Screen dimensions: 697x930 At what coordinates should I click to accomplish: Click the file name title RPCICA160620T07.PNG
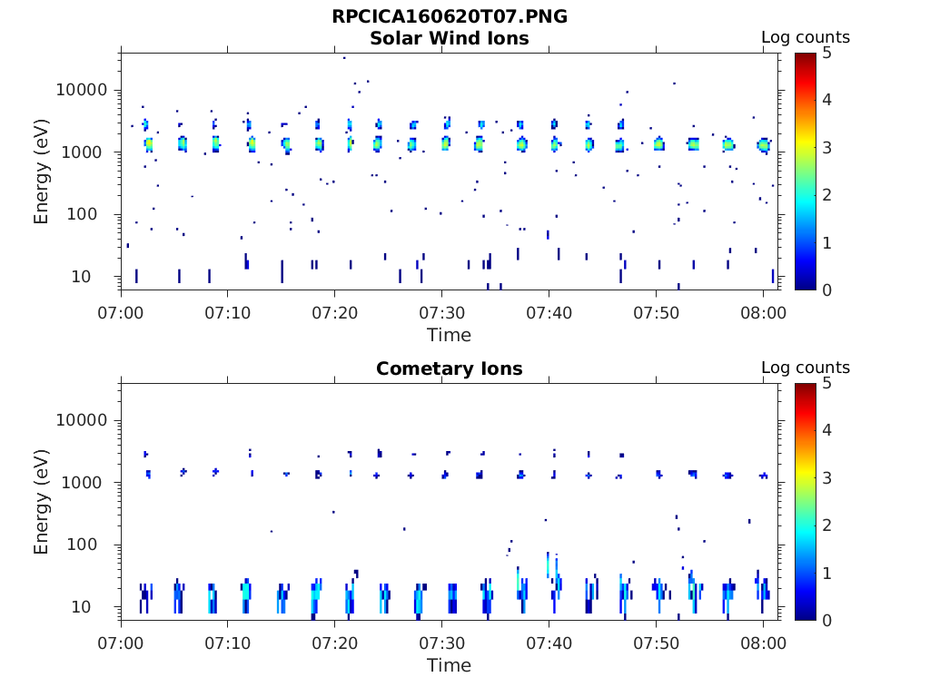[x=449, y=16]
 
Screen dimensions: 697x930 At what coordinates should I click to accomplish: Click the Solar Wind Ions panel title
[x=449, y=38]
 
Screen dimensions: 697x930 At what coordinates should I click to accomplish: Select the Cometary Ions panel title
[x=449, y=368]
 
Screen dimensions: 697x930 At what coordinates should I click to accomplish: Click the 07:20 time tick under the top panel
[x=334, y=313]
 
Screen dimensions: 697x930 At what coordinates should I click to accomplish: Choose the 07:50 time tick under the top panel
[x=656, y=313]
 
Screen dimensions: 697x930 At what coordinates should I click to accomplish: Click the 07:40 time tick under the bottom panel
[x=549, y=643]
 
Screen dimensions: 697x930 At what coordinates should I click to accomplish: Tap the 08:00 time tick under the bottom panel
[x=763, y=643]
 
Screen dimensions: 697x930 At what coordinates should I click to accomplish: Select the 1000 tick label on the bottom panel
[x=87, y=483]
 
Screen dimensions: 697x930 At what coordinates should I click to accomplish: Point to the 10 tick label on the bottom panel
[x=96, y=607]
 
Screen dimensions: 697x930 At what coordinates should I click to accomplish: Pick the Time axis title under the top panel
[x=449, y=335]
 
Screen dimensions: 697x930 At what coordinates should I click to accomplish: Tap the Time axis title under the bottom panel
[x=449, y=665]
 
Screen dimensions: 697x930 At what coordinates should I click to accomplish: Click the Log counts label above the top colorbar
[x=805, y=37]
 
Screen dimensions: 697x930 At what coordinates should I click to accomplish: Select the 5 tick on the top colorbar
[x=827, y=54]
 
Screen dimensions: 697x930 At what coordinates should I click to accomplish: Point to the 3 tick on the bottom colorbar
[x=827, y=477]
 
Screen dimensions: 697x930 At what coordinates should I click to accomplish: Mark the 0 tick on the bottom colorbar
[x=827, y=620]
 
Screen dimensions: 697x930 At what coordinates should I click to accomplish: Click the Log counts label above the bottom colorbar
[x=805, y=368]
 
